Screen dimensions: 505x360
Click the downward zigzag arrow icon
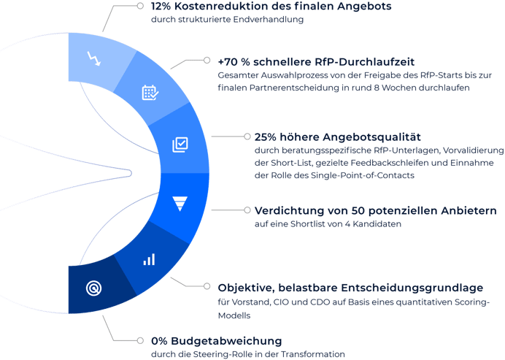pos(94,58)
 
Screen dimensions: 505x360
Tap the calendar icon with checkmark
pos(150,93)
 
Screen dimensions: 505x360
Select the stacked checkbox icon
pos(180,145)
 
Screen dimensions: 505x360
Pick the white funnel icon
pos(180,204)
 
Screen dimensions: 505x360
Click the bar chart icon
pos(149,259)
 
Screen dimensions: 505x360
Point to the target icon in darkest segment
pos(93,288)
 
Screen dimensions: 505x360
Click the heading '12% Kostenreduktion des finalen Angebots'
pos(271,7)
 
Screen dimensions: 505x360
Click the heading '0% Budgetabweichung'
pos(217,341)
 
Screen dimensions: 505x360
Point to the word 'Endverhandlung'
pos(269,20)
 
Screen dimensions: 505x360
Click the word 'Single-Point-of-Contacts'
pos(362,176)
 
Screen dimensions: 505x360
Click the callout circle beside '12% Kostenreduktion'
pos(140,6)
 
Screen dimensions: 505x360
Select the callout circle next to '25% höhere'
pos(247,137)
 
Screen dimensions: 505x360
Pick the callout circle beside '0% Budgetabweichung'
pos(140,341)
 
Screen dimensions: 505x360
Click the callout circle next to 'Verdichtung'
pos(247,210)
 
